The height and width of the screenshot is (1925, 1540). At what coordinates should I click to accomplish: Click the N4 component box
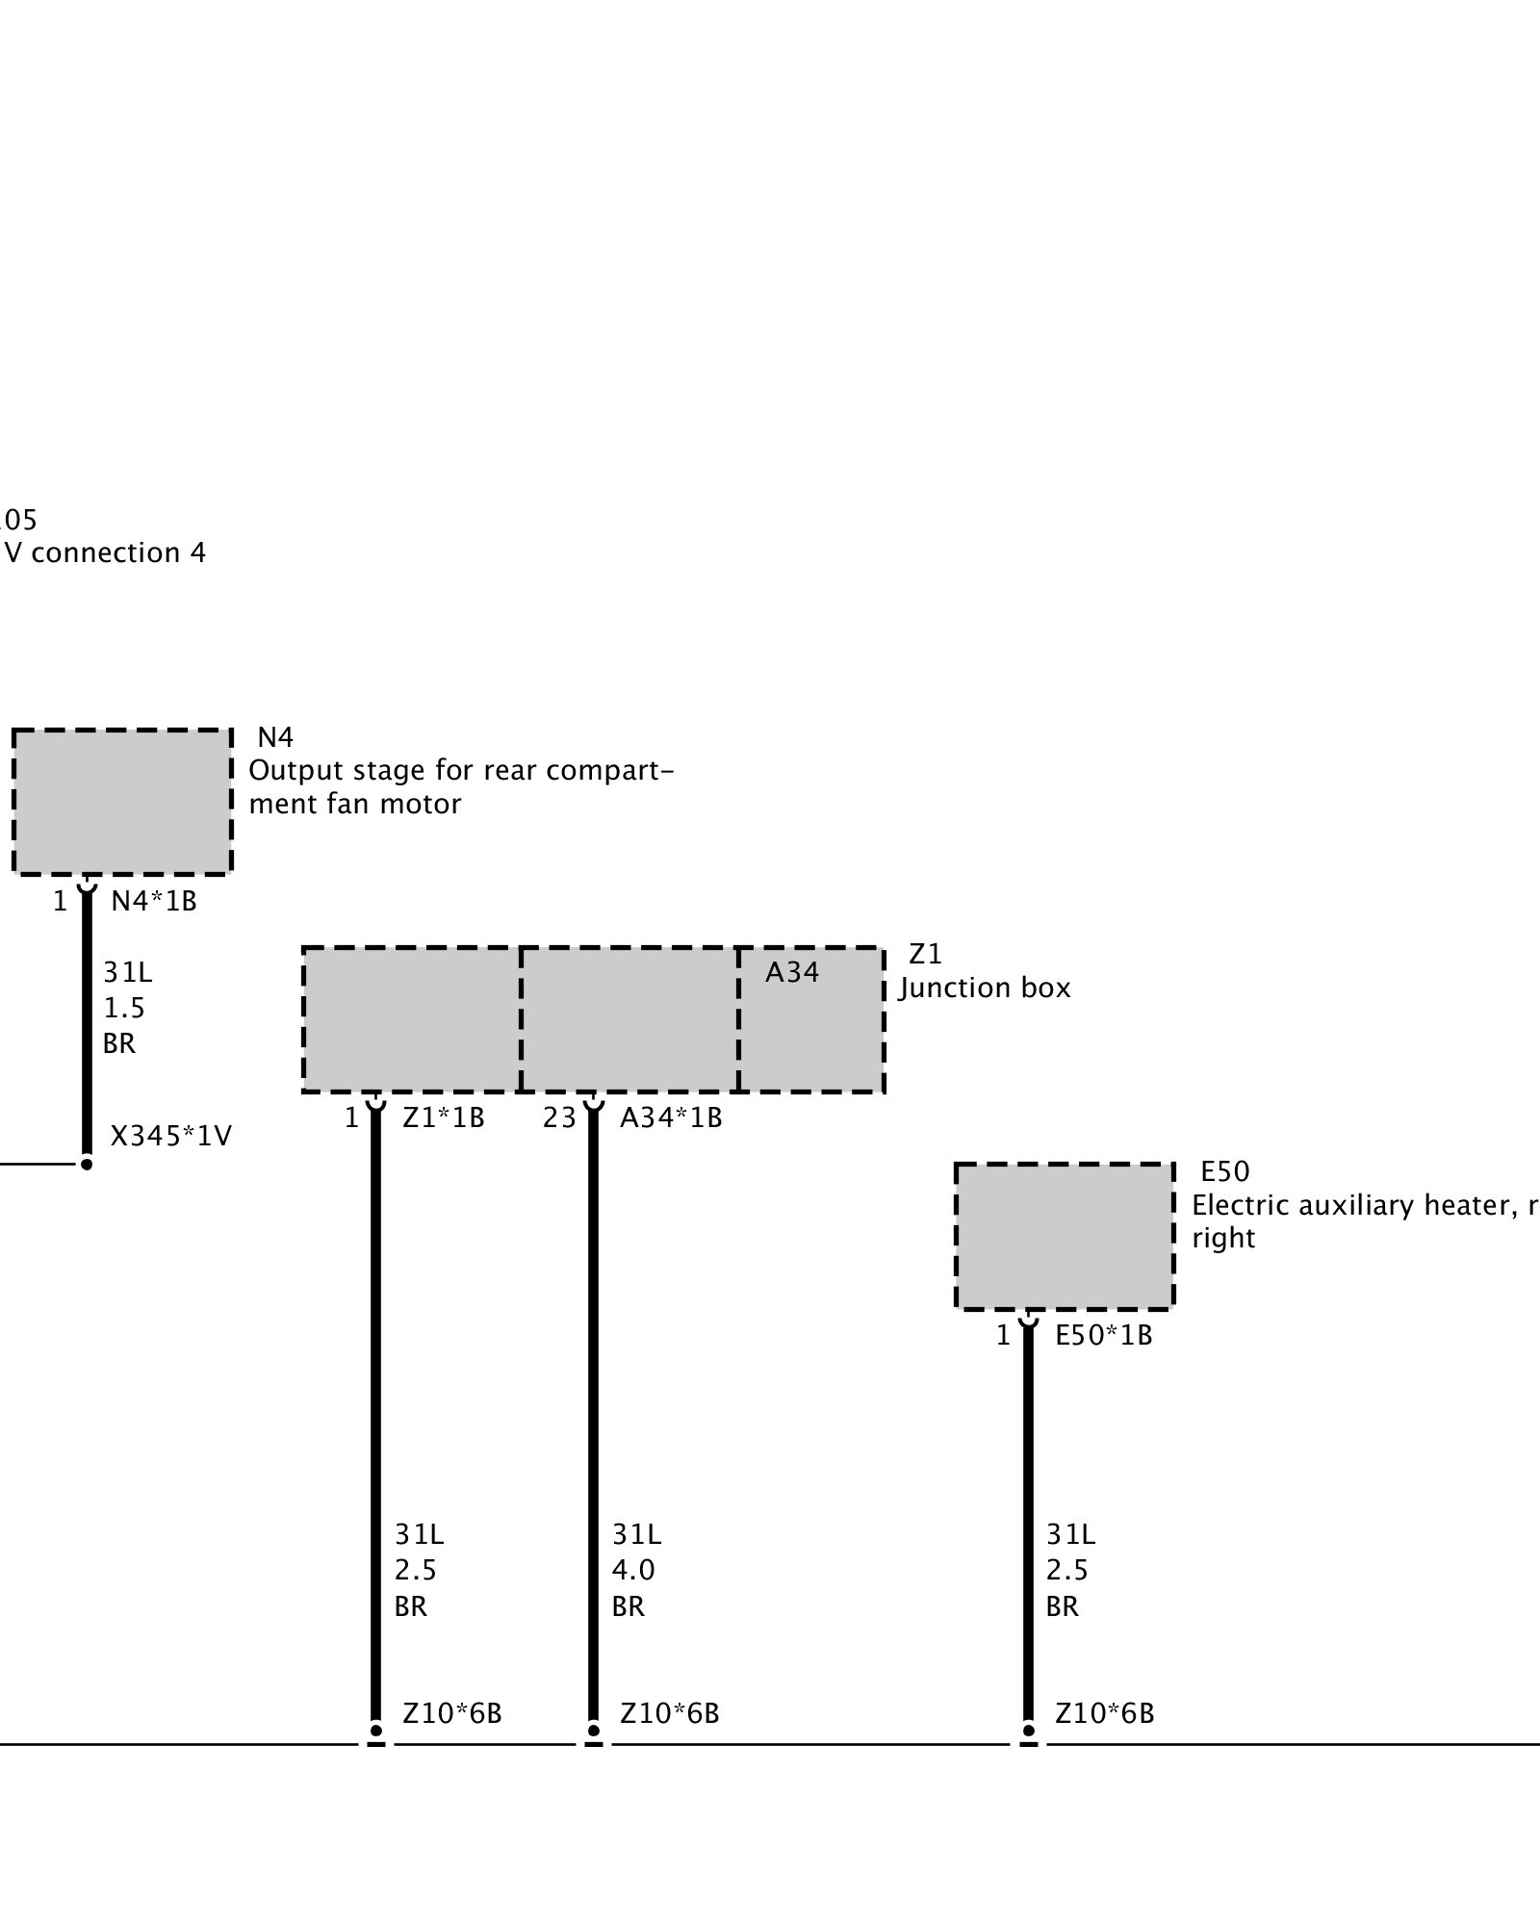[122, 802]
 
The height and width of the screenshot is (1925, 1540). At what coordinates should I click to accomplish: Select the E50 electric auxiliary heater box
[1065, 1237]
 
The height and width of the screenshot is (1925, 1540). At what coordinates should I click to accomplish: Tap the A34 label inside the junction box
[792, 973]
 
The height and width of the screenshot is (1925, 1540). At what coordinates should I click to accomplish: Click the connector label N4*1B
[154, 902]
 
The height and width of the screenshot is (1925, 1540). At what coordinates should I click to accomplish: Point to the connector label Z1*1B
[443, 1118]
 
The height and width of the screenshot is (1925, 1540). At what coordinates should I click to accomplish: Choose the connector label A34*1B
[671, 1118]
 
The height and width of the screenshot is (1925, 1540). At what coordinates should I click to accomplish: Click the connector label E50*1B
[1104, 1336]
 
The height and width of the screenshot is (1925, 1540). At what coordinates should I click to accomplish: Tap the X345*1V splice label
[171, 1137]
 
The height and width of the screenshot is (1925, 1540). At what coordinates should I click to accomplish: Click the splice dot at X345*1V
[87, 1165]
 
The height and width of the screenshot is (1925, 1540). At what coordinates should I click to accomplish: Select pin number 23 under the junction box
[559, 1118]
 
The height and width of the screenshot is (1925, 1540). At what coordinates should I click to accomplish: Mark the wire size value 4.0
[633, 1570]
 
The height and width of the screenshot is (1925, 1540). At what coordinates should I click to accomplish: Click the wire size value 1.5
[124, 1008]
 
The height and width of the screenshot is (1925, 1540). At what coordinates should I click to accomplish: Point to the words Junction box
[985, 988]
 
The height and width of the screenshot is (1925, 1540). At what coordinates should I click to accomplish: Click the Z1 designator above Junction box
[925, 954]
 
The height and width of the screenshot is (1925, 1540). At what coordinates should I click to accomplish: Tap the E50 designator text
[1224, 1171]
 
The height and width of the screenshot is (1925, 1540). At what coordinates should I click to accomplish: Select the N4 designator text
[275, 737]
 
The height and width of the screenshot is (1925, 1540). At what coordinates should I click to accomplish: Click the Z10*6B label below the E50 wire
[1104, 1713]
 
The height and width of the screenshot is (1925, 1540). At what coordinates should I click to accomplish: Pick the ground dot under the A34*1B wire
[594, 1730]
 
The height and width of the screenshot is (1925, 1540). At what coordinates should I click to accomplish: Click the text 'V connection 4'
[105, 552]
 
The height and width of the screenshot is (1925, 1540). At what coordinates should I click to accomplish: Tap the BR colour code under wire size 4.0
[629, 1606]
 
